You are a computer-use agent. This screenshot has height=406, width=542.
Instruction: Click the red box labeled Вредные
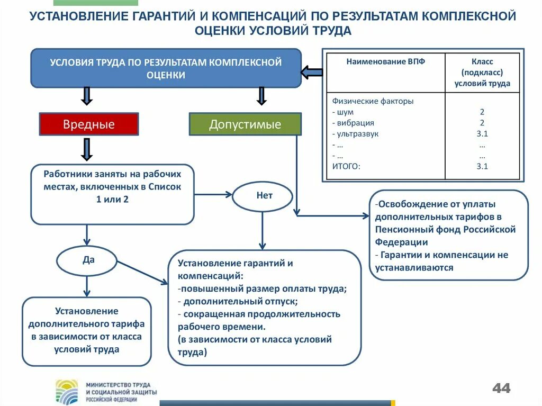coord(88,125)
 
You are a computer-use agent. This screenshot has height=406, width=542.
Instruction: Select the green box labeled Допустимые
coord(245,125)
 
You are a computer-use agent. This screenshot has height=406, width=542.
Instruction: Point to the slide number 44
coord(501,388)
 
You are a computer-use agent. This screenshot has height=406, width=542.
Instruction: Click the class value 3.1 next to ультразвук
coord(482,134)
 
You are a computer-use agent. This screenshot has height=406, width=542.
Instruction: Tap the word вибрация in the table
coord(355,123)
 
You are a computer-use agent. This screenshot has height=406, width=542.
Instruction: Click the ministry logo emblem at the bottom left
coord(67,392)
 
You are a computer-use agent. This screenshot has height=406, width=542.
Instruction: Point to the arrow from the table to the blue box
coord(312,72)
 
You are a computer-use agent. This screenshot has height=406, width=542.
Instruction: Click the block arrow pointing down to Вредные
coord(88,96)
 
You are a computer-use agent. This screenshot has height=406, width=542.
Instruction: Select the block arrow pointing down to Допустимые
coord(260,96)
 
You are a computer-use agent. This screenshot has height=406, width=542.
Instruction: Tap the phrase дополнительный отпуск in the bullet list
coord(240,301)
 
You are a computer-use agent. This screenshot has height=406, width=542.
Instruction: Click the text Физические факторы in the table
coord(373,101)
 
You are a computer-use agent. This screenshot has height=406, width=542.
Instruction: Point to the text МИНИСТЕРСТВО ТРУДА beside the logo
coord(118,384)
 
